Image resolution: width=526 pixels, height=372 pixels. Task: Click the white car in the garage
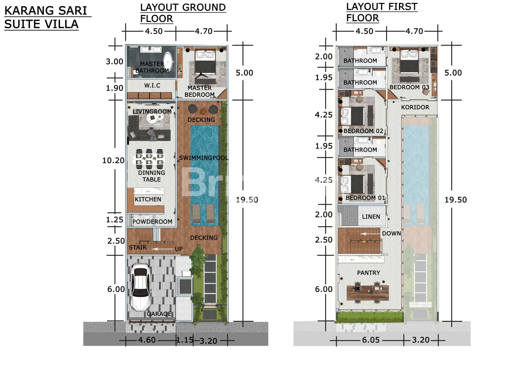140,287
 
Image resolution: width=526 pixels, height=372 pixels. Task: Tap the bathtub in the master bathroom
169,62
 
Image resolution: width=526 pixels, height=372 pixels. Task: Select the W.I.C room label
152,85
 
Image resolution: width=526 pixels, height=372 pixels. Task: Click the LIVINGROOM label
152,112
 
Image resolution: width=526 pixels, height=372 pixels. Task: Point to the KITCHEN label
148,199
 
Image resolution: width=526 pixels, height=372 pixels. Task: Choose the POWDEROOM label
153,222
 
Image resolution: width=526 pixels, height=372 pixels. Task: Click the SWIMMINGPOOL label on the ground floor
204,158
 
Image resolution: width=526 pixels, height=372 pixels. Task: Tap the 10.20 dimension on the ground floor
113,160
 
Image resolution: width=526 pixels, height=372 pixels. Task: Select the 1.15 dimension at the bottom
185,340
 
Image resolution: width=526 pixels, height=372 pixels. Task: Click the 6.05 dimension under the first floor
371,340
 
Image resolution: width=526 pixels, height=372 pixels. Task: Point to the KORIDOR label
415,107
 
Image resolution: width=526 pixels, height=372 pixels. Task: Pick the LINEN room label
371,217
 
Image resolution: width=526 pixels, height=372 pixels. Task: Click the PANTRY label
368,273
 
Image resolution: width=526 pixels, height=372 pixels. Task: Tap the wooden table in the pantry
368,292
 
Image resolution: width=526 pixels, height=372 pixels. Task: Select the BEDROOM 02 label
363,131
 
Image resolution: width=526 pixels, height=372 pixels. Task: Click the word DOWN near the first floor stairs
391,233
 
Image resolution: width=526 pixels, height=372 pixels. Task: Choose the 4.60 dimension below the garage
147,340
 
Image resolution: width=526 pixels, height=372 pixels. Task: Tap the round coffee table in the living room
152,118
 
